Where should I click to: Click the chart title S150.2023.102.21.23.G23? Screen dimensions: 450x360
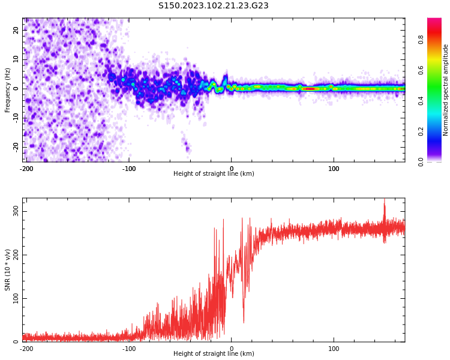pyautogui.click(x=214, y=5)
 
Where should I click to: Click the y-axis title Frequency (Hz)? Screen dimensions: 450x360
pyautogui.click(x=7, y=90)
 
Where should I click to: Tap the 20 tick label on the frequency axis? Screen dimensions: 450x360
pyautogui.click(x=16, y=30)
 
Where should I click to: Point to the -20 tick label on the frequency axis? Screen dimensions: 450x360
pyautogui.click(x=16, y=148)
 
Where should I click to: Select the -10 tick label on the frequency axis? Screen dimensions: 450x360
pyautogui.click(x=16, y=118)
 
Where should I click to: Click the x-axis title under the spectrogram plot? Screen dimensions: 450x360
pyautogui.click(x=214, y=173)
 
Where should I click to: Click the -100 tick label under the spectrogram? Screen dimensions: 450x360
pyautogui.click(x=129, y=169)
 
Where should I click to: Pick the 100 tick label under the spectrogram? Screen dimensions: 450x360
pyautogui.click(x=334, y=169)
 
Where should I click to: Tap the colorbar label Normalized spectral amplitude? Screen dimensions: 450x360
pyautogui.click(x=445, y=90)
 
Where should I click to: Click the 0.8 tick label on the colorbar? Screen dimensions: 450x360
pyautogui.click(x=421, y=40)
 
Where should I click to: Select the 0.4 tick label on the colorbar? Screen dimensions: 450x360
pyautogui.click(x=421, y=101)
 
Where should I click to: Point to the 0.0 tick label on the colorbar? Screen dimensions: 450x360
pyautogui.click(x=421, y=162)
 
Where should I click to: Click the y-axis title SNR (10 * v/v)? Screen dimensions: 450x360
pyautogui.click(x=7, y=270)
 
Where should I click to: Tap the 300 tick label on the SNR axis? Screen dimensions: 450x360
pyautogui.click(x=16, y=212)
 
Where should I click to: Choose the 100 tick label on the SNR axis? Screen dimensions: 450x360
pyautogui.click(x=16, y=299)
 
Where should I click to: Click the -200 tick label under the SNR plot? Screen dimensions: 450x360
pyautogui.click(x=26, y=349)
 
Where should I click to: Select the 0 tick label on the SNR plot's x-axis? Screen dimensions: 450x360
pyautogui.click(x=232, y=349)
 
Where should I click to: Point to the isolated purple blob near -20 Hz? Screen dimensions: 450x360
pyautogui.click(x=187, y=146)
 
